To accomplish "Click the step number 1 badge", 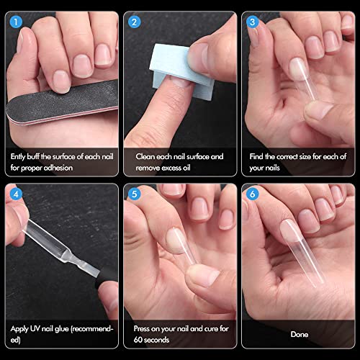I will (15, 21).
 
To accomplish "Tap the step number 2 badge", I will (133, 21).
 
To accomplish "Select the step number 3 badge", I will (251, 21).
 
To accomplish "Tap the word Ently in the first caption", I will (20, 156).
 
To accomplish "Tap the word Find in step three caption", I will (258, 156).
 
